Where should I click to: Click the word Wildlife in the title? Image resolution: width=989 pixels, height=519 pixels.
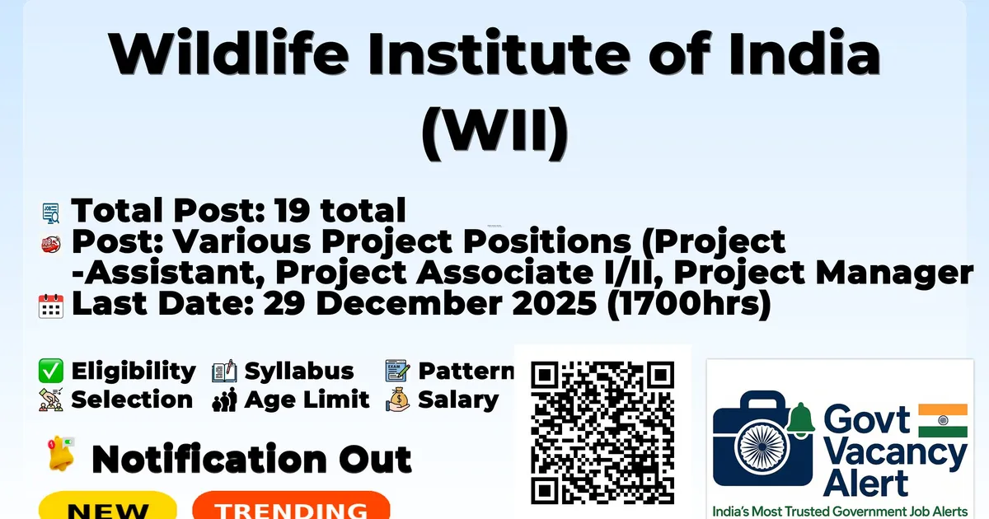229,53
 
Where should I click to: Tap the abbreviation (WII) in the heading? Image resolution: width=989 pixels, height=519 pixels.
494,133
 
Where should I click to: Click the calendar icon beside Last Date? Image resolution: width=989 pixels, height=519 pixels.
51,306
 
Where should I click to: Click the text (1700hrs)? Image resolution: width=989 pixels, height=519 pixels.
690,305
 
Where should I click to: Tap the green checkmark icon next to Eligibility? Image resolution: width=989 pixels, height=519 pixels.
51,371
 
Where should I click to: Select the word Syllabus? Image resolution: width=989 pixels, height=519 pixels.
299,372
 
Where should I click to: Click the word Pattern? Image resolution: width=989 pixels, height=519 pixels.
466,371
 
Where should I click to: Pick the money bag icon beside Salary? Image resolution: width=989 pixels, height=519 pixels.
397,400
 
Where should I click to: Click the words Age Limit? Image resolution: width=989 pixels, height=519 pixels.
307,400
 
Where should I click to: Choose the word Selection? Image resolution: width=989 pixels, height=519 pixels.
132,400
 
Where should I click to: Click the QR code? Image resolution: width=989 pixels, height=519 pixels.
602,432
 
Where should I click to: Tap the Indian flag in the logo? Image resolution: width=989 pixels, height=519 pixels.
943,420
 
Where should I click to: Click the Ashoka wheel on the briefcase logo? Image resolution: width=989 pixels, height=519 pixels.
762,447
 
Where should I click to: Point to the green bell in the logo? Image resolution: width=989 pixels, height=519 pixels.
801,418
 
